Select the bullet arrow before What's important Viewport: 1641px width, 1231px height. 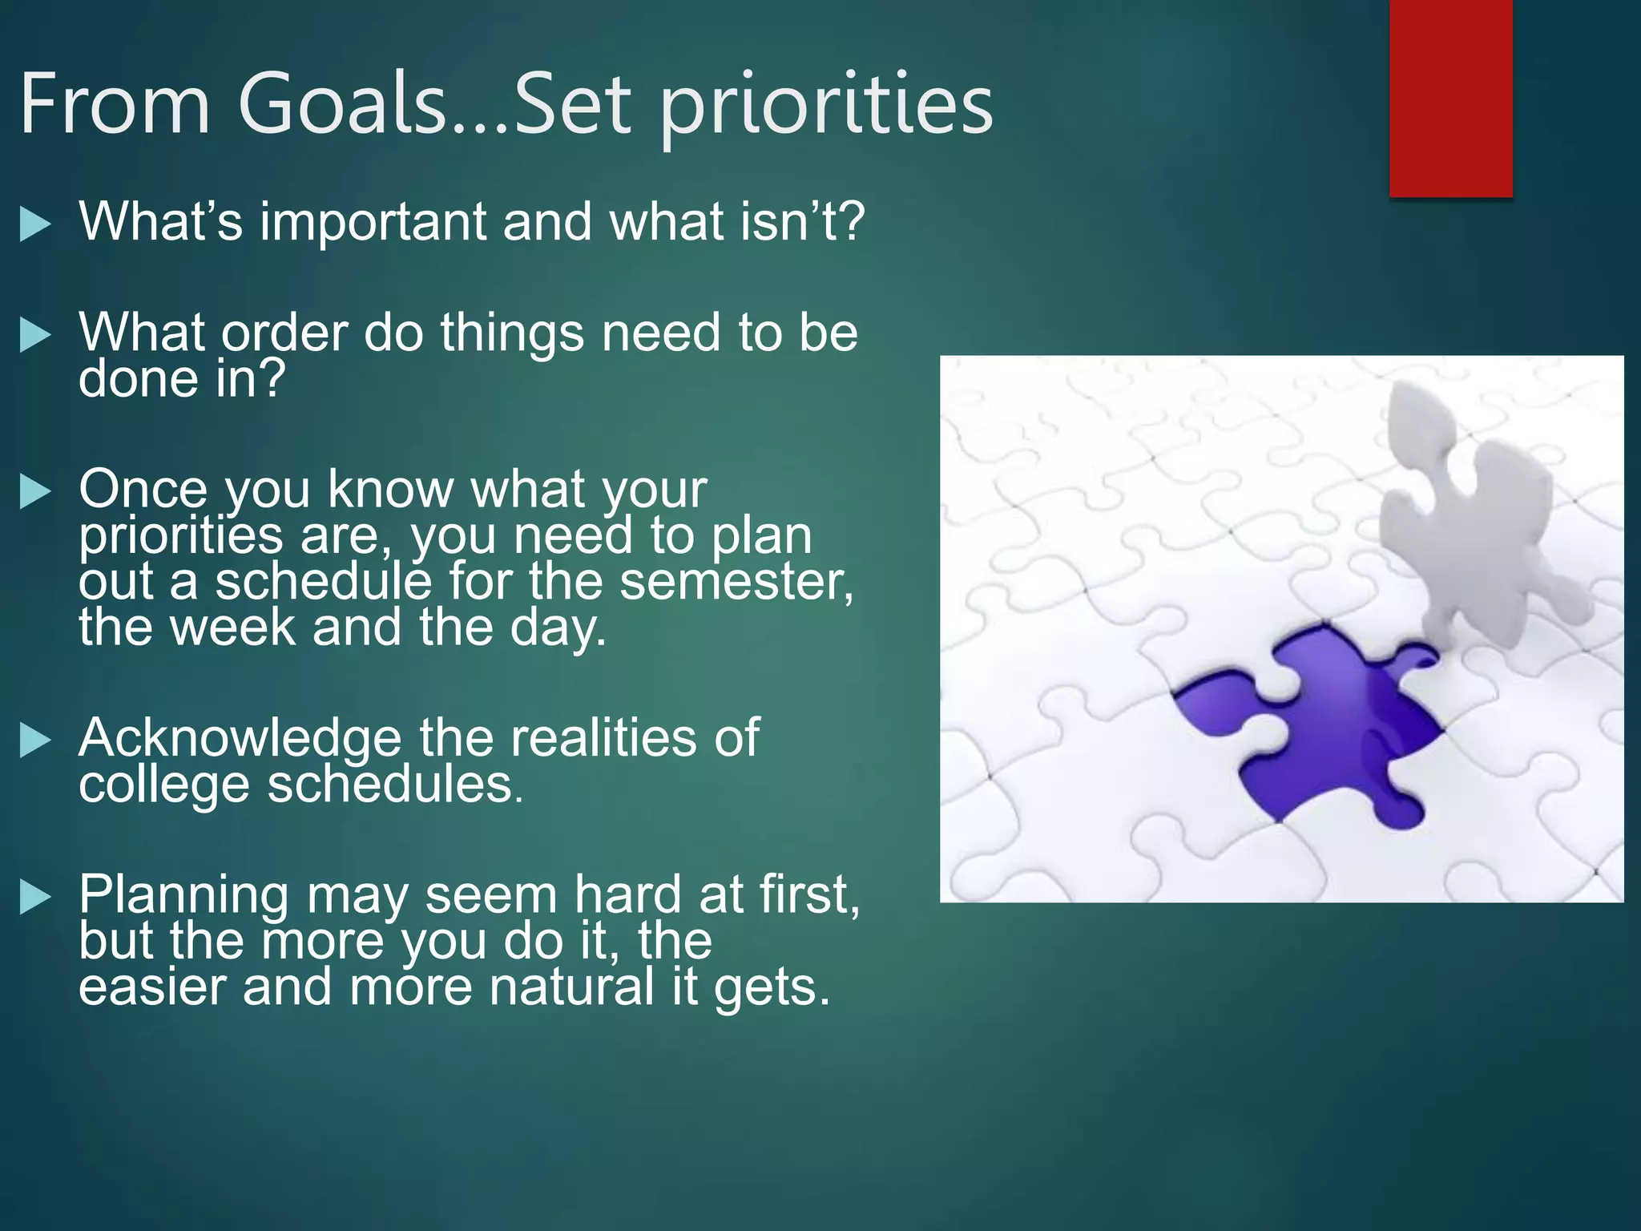35,225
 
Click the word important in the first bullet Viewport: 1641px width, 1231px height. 373,223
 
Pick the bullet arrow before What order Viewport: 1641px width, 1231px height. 35,336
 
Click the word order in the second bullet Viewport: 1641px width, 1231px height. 284,333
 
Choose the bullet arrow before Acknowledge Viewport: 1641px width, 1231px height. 35,741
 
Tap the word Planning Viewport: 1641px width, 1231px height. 183,896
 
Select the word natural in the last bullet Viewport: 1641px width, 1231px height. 572,987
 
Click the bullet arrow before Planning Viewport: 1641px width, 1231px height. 35,898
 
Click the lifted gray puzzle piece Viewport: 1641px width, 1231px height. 1466,513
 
